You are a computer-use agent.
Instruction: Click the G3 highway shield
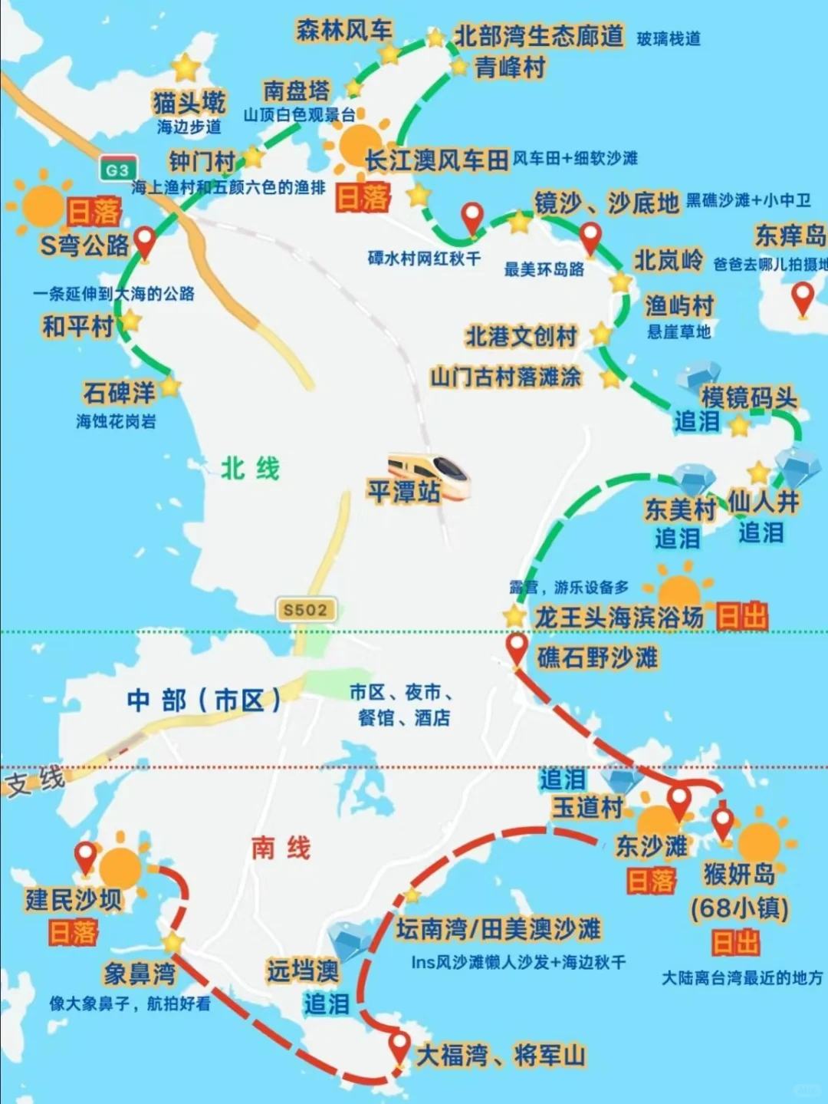pos(117,170)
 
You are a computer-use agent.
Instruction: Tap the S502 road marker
pos(305,610)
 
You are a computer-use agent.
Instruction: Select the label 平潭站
pos(403,492)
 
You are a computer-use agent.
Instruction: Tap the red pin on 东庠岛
pos(802,298)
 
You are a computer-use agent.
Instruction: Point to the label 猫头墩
pos(189,103)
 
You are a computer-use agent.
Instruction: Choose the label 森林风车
pos(344,31)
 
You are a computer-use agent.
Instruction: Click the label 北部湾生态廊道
pos(538,36)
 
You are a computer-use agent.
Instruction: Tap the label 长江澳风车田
pos(436,160)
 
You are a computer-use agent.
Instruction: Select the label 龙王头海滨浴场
pos(619,617)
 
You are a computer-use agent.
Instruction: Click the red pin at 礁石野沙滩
pos(517,648)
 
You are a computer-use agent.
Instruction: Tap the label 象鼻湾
pos(140,974)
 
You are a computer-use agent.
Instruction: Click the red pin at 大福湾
pos(399,1046)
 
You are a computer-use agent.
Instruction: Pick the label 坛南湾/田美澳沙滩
pos(498,929)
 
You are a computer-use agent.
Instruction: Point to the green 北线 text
pos(251,468)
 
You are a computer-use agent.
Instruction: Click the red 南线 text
pos(281,848)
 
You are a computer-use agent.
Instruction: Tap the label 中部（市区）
pos(204,700)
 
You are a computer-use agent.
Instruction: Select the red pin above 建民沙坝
pos(85,855)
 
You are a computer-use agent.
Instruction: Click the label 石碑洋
pos(119,393)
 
